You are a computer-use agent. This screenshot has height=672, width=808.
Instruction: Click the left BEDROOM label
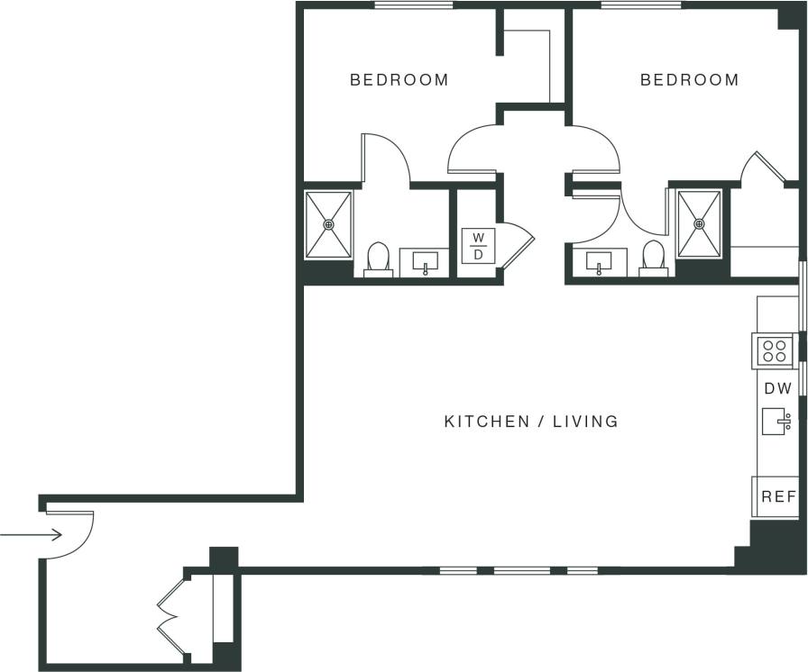[x=399, y=80]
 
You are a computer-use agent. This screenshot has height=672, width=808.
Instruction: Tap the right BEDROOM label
[x=689, y=80]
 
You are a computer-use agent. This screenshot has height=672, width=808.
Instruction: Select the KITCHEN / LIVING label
[x=531, y=421]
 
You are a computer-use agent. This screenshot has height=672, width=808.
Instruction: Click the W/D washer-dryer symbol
[x=479, y=246]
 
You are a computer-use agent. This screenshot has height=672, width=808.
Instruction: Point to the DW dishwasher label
[x=777, y=389]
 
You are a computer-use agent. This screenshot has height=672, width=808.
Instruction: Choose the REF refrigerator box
[x=776, y=496]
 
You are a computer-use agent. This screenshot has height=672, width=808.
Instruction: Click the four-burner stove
[x=774, y=350]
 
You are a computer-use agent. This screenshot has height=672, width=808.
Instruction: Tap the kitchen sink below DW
[x=776, y=421]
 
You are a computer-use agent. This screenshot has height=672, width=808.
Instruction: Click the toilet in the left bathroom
[x=378, y=259]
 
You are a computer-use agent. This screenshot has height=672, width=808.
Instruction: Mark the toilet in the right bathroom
[x=653, y=258]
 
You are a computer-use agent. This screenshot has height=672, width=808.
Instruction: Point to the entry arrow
[x=32, y=535]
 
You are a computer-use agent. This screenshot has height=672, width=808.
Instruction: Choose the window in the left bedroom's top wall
[x=414, y=5]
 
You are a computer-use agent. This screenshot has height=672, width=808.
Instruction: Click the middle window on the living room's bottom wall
[x=521, y=570]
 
